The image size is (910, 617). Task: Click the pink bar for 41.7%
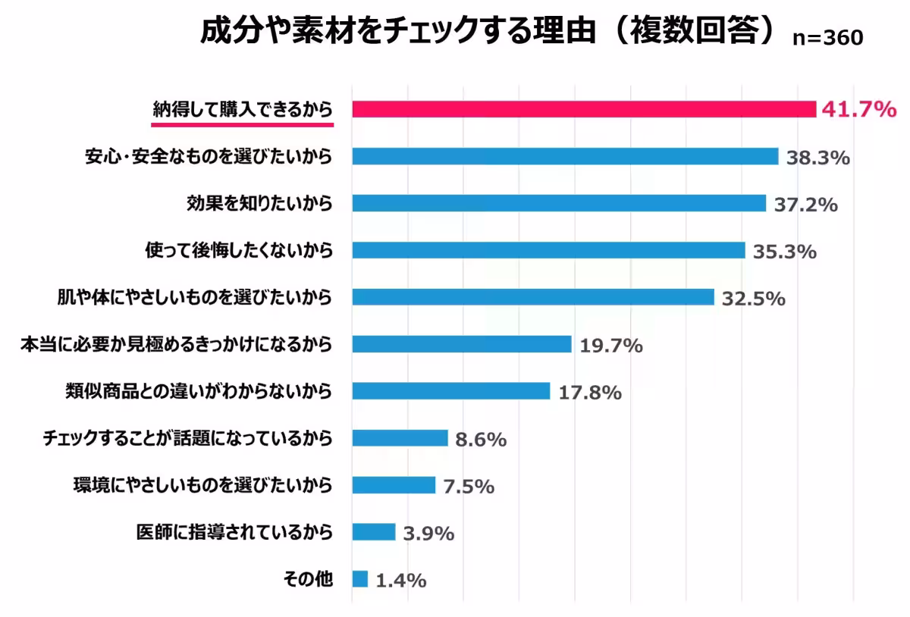(584, 109)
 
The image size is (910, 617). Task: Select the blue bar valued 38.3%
(565, 156)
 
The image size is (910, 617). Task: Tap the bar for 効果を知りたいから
(559, 203)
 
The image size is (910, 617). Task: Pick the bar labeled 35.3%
(548, 250)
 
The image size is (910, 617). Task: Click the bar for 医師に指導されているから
(374, 532)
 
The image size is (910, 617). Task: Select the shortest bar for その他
(360, 579)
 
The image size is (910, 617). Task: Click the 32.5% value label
(753, 299)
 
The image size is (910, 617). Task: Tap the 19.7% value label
(611, 346)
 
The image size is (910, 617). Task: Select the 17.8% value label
(590, 393)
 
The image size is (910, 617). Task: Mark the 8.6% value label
(481, 440)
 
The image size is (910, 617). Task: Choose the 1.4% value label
(401, 581)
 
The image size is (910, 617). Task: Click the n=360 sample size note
(827, 39)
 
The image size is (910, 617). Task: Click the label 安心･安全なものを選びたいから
(209, 156)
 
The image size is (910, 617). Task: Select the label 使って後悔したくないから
(239, 250)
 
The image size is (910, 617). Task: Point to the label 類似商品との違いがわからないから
(199, 391)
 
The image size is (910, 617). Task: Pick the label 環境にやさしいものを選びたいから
(202, 485)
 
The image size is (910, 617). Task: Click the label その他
(307, 579)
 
